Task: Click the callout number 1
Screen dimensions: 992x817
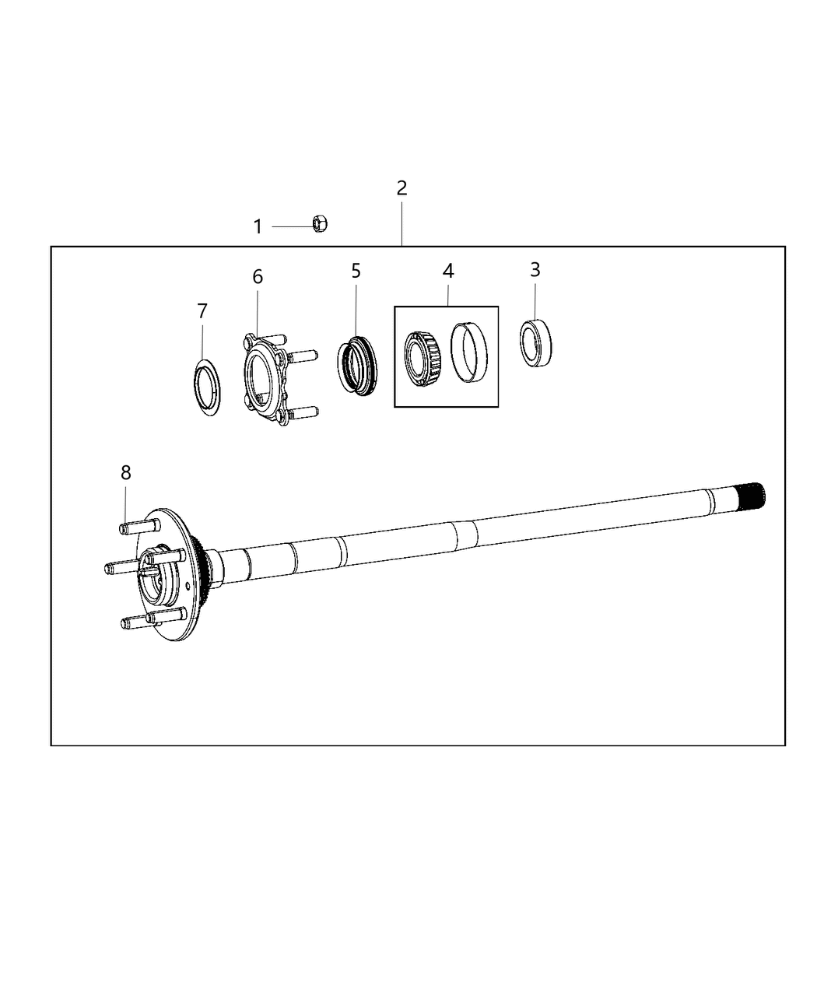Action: tap(258, 227)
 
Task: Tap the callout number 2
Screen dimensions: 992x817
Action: tap(401, 188)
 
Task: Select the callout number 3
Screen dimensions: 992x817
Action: tap(535, 270)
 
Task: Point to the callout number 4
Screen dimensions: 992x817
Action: tap(448, 271)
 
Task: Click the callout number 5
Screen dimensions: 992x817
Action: tap(356, 271)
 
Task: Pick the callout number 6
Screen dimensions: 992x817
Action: tap(258, 277)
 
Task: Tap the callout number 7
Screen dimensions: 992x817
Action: tap(202, 311)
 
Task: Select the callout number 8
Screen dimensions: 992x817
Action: tap(125, 472)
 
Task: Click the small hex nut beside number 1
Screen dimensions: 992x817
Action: tap(319, 224)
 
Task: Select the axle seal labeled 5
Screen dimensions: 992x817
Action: tap(356, 364)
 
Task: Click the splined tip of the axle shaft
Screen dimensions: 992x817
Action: tap(752, 495)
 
